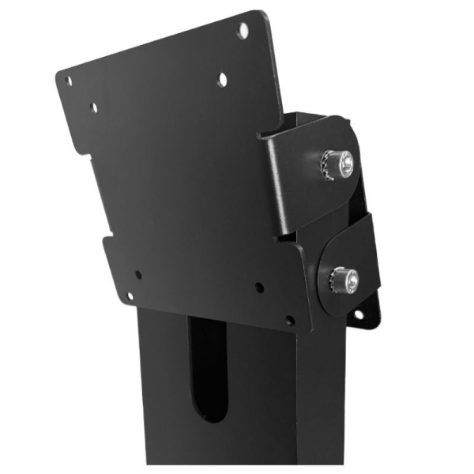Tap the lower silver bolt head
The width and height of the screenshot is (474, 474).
pos(344,277)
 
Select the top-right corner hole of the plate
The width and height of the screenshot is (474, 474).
pos(243,30)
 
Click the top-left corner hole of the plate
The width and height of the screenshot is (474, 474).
pos(68,81)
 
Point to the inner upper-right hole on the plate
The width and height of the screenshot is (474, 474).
pos(223,78)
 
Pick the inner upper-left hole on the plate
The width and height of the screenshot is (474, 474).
pos(94,107)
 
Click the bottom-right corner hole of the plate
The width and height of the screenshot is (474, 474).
pos(289,321)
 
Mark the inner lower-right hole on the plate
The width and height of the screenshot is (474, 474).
pos(259,288)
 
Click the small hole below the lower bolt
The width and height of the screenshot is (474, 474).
pos(358,314)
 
